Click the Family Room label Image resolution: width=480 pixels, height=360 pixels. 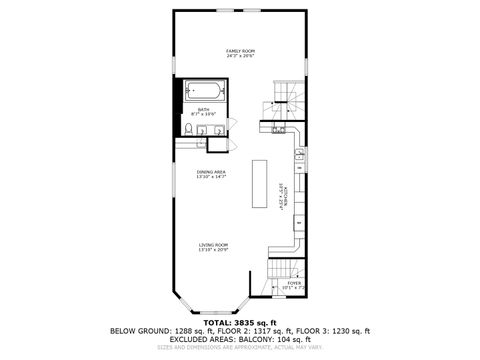point(239,50)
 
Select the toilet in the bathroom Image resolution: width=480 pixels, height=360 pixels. point(188,129)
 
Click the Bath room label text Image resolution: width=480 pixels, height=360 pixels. point(203,110)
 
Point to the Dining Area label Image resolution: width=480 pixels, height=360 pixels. point(211,172)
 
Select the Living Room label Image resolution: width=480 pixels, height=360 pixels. point(213,245)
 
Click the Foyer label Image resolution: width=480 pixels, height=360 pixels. point(294,282)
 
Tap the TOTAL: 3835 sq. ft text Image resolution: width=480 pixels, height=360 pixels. point(239,323)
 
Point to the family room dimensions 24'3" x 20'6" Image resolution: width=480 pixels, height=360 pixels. point(239,56)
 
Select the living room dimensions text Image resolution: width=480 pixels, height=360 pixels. point(213,250)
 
